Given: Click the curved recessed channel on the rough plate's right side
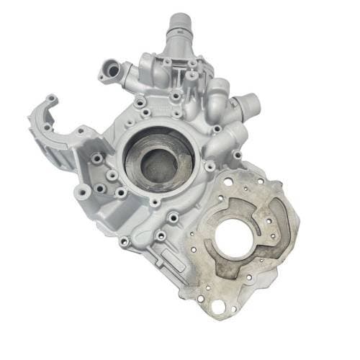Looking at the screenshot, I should coord(276,216).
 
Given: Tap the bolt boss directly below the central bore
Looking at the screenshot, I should coord(155,202).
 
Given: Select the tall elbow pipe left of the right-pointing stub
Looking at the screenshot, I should coord(216,101).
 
